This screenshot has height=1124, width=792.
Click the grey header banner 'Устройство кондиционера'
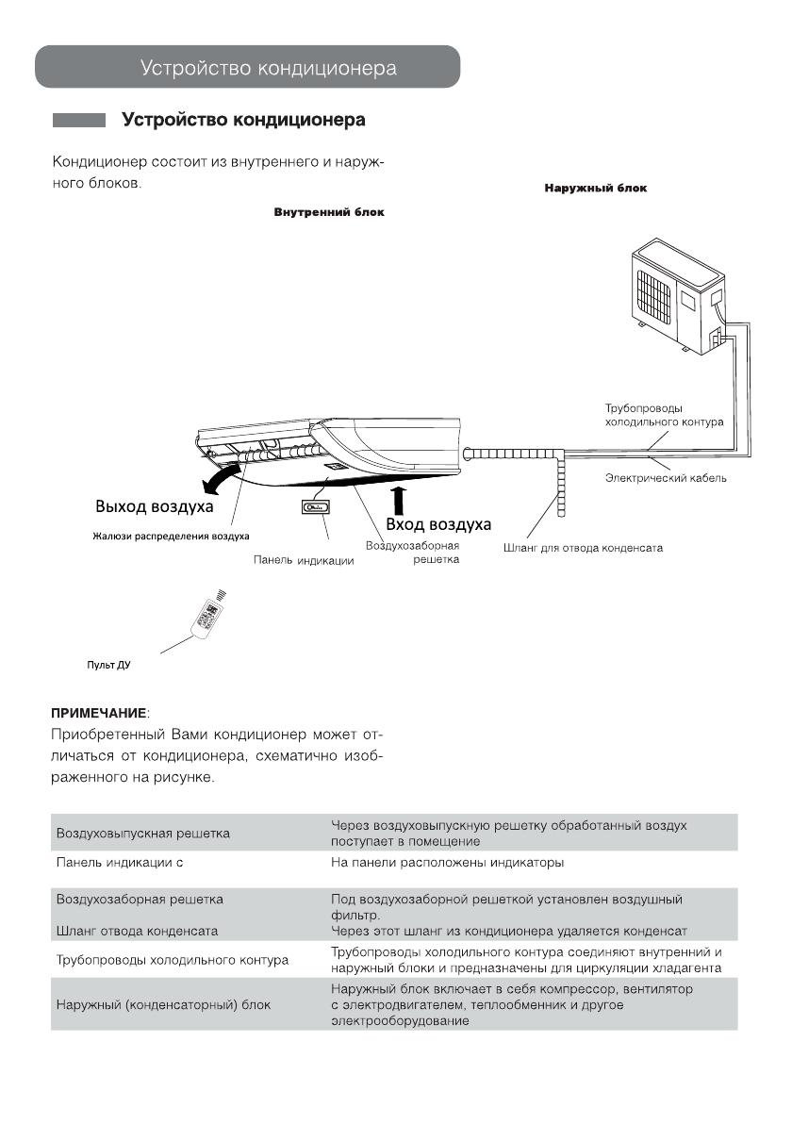[247, 68]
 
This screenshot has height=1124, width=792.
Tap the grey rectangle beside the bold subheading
[78, 121]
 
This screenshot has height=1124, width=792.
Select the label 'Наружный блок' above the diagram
[595, 189]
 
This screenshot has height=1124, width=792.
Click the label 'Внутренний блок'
[329, 213]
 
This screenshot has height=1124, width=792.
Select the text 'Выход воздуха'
[154, 506]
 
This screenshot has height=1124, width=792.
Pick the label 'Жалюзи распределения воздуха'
[171, 537]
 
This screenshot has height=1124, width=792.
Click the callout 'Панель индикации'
[304, 560]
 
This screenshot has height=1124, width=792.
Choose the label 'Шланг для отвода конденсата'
[578, 548]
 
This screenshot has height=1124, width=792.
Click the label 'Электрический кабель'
[666, 479]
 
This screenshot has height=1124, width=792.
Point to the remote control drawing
[207, 613]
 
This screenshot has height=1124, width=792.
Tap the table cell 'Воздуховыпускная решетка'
[143, 834]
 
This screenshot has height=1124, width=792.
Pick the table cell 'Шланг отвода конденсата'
[137, 931]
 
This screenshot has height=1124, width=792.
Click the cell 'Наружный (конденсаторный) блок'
[163, 1005]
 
